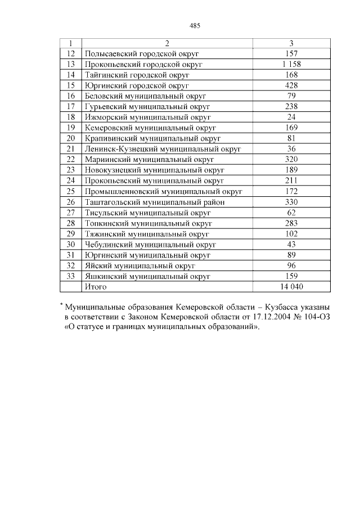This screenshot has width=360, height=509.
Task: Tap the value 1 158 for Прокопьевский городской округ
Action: (x=291, y=64)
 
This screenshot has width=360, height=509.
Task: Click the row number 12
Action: (x=71, y=53)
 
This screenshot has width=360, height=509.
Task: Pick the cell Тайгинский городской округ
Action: (x=137, y=74)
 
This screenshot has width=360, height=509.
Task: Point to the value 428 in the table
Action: (x=291, y=85)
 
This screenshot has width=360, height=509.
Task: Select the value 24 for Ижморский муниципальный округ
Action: (x=291, y=117)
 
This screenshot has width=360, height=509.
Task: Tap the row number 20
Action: (x=71, y=138)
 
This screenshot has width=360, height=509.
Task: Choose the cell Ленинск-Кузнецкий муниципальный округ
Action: (x=163, y=148)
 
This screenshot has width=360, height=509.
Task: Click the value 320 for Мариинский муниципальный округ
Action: (x=291, y=159)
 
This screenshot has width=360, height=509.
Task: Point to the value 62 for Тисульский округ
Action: (x=291, y=213)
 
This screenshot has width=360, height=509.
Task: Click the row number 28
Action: (x=71, y=223)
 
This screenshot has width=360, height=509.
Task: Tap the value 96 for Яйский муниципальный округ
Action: (x=291, y=265)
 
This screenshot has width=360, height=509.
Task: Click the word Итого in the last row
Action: (x=95, y=287)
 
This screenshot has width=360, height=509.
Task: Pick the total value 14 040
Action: (x=291, y=287)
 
